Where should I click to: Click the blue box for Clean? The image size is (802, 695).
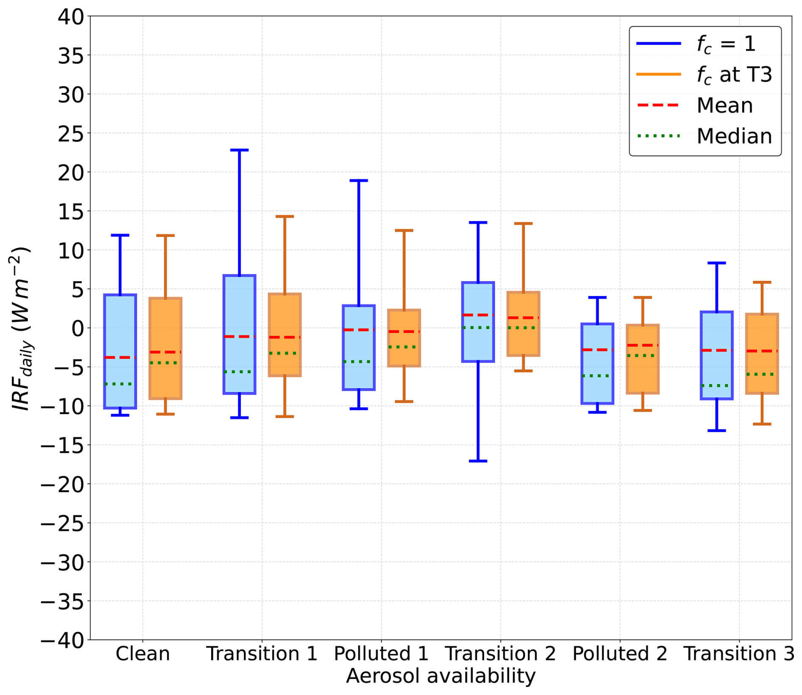[x=120, y=351]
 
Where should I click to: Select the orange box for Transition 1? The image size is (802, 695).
[x=284, y=335]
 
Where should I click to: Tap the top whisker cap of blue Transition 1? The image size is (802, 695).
[x=239, y=150]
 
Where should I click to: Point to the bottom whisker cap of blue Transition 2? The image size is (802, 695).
[x=478, y=461]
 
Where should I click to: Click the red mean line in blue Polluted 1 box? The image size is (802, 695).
[x=359, y=329]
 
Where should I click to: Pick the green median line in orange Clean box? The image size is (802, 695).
[x=165, y=363]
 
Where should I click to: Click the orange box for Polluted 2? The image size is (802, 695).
[x=643, y=359]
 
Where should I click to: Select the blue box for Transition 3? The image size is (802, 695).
[x=717, y=355]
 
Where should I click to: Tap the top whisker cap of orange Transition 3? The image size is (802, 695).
[x=762, y=282]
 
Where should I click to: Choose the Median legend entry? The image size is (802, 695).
[x=704, y=136]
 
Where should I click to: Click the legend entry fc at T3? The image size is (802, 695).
[x=704, y=75]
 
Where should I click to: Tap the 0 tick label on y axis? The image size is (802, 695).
[x=78, y=328]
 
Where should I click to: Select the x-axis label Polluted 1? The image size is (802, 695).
[x=381, y=653]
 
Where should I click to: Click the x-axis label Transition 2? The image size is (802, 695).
[x=500, y=653]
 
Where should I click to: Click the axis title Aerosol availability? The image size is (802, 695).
[x=441, y=676]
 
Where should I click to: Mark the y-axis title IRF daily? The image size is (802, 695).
[x=21, y=328]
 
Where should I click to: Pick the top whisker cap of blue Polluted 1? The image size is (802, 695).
[x=359, y=181]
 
